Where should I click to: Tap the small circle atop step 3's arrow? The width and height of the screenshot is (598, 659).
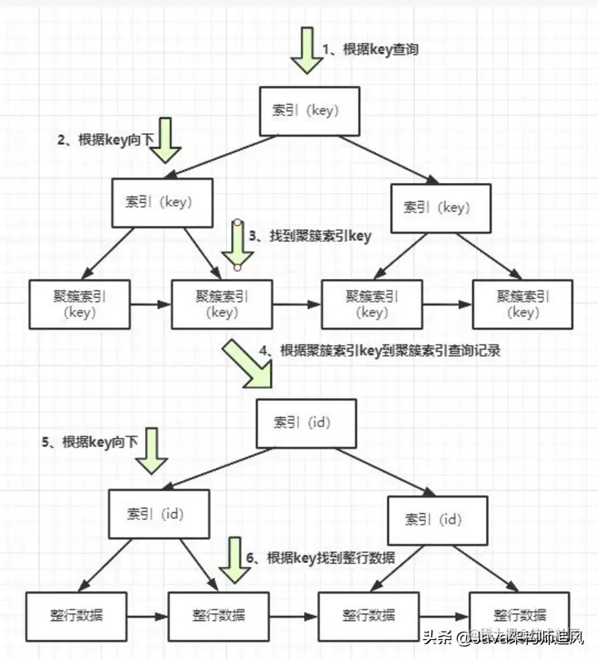coord(238,222)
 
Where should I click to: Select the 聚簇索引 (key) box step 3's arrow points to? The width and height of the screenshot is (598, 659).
coord(222,304)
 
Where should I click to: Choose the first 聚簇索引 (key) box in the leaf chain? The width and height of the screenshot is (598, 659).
coord(80,304)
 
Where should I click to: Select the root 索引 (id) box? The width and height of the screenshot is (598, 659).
coord(306,423)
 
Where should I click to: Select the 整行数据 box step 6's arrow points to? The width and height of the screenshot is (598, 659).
coord(219,616)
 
